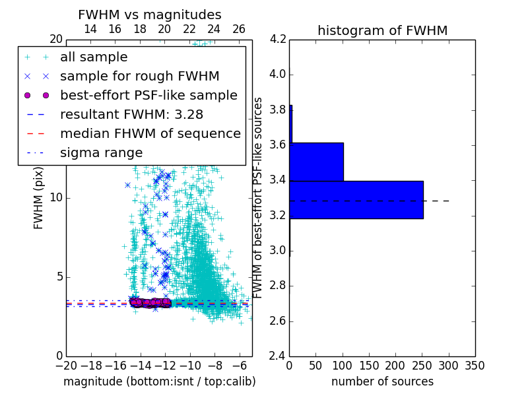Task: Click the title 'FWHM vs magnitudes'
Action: tap(149, 15)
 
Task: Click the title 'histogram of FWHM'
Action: tap(382, 30)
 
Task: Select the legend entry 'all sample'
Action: tap(94, 57)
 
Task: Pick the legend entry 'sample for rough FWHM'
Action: tap(139, 77)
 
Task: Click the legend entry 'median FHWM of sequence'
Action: tap(150, 134)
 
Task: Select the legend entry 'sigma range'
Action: tap(101, 153)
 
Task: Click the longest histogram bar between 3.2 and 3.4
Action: tap(356, 199)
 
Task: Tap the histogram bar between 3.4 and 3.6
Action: tap(316, 162)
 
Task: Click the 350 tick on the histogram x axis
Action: tap(475, 365)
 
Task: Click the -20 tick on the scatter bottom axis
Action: tap(66, 365)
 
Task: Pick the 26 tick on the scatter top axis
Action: tap(239, 30)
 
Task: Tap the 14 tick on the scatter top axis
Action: tap(90, 30)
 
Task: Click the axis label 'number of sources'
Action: tap(382, 381)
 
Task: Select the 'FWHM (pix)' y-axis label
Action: tap(39, 197)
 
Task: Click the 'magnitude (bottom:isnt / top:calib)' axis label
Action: tap(159, 381)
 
